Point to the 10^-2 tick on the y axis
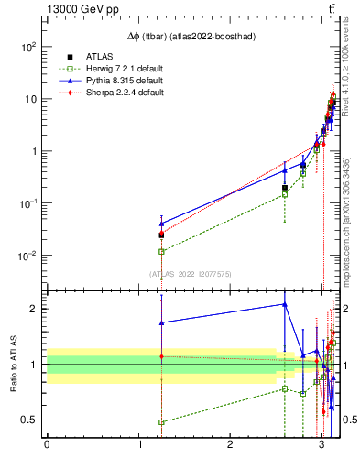29,256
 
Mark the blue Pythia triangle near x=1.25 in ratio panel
161,322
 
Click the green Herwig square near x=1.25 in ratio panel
161,422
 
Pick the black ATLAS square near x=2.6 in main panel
285,188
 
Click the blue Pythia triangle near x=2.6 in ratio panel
285,304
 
